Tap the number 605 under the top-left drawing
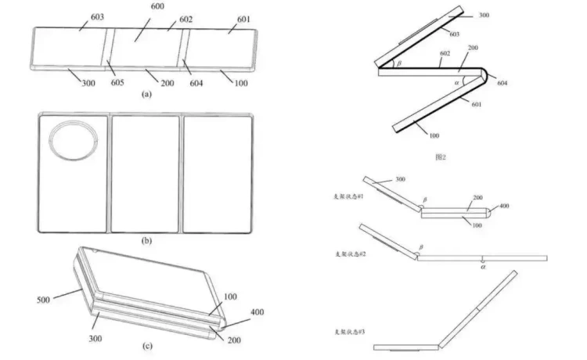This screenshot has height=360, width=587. pyautogui.click(x=117, y=81)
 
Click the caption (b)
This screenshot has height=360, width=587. pyautogui.click(x=146, y=242)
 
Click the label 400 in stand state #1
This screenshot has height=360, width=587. pyautogui.click(x=505, y=206)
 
